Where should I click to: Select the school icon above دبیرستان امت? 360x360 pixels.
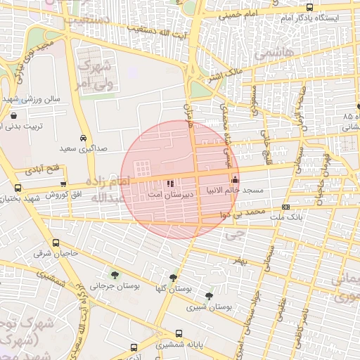(169, 184)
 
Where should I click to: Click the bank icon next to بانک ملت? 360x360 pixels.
(285, 207)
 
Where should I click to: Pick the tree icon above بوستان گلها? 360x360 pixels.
(173, 277)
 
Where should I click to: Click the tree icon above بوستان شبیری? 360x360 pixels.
(209, 296)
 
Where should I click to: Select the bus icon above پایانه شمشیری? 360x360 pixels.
(134, 347)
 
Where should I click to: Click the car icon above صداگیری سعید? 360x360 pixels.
(84, 138)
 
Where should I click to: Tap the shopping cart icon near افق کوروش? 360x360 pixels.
(64, 184)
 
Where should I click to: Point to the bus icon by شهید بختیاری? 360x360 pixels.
(18, 188)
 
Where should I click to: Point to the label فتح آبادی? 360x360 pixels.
(44, 169)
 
